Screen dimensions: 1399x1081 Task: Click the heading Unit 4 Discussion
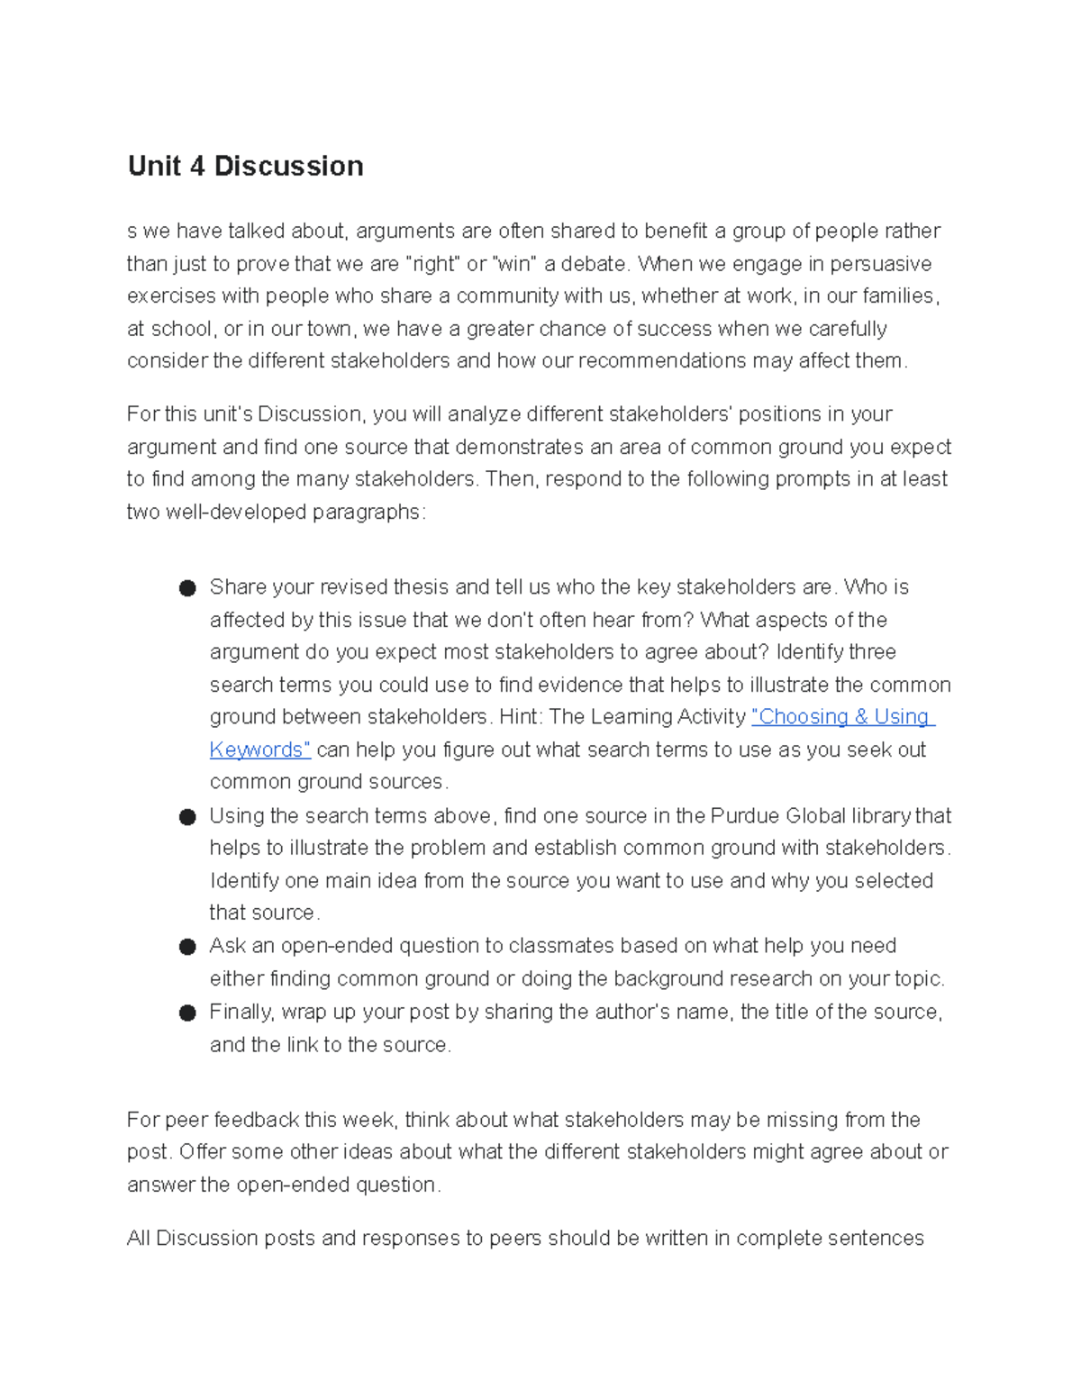[x=245, y=167]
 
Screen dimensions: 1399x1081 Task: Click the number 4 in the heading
[x=197, y=167]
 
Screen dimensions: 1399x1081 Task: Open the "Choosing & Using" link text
[x=843, y=717]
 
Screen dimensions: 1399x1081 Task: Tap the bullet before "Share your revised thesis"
[x=187, y=588]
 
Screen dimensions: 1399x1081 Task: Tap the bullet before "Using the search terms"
[x=187, y=817]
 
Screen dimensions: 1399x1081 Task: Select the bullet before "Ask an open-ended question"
[x=187, y=947]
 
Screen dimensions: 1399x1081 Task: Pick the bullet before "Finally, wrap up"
[x=187, y=1013]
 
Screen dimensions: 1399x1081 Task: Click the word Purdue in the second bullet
[x=745, y=816]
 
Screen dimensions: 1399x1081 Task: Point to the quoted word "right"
[x=434, y=264]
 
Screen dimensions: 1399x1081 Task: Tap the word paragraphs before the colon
[x=366, y=513]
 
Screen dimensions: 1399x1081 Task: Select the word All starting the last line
[x=139, y=1239]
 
